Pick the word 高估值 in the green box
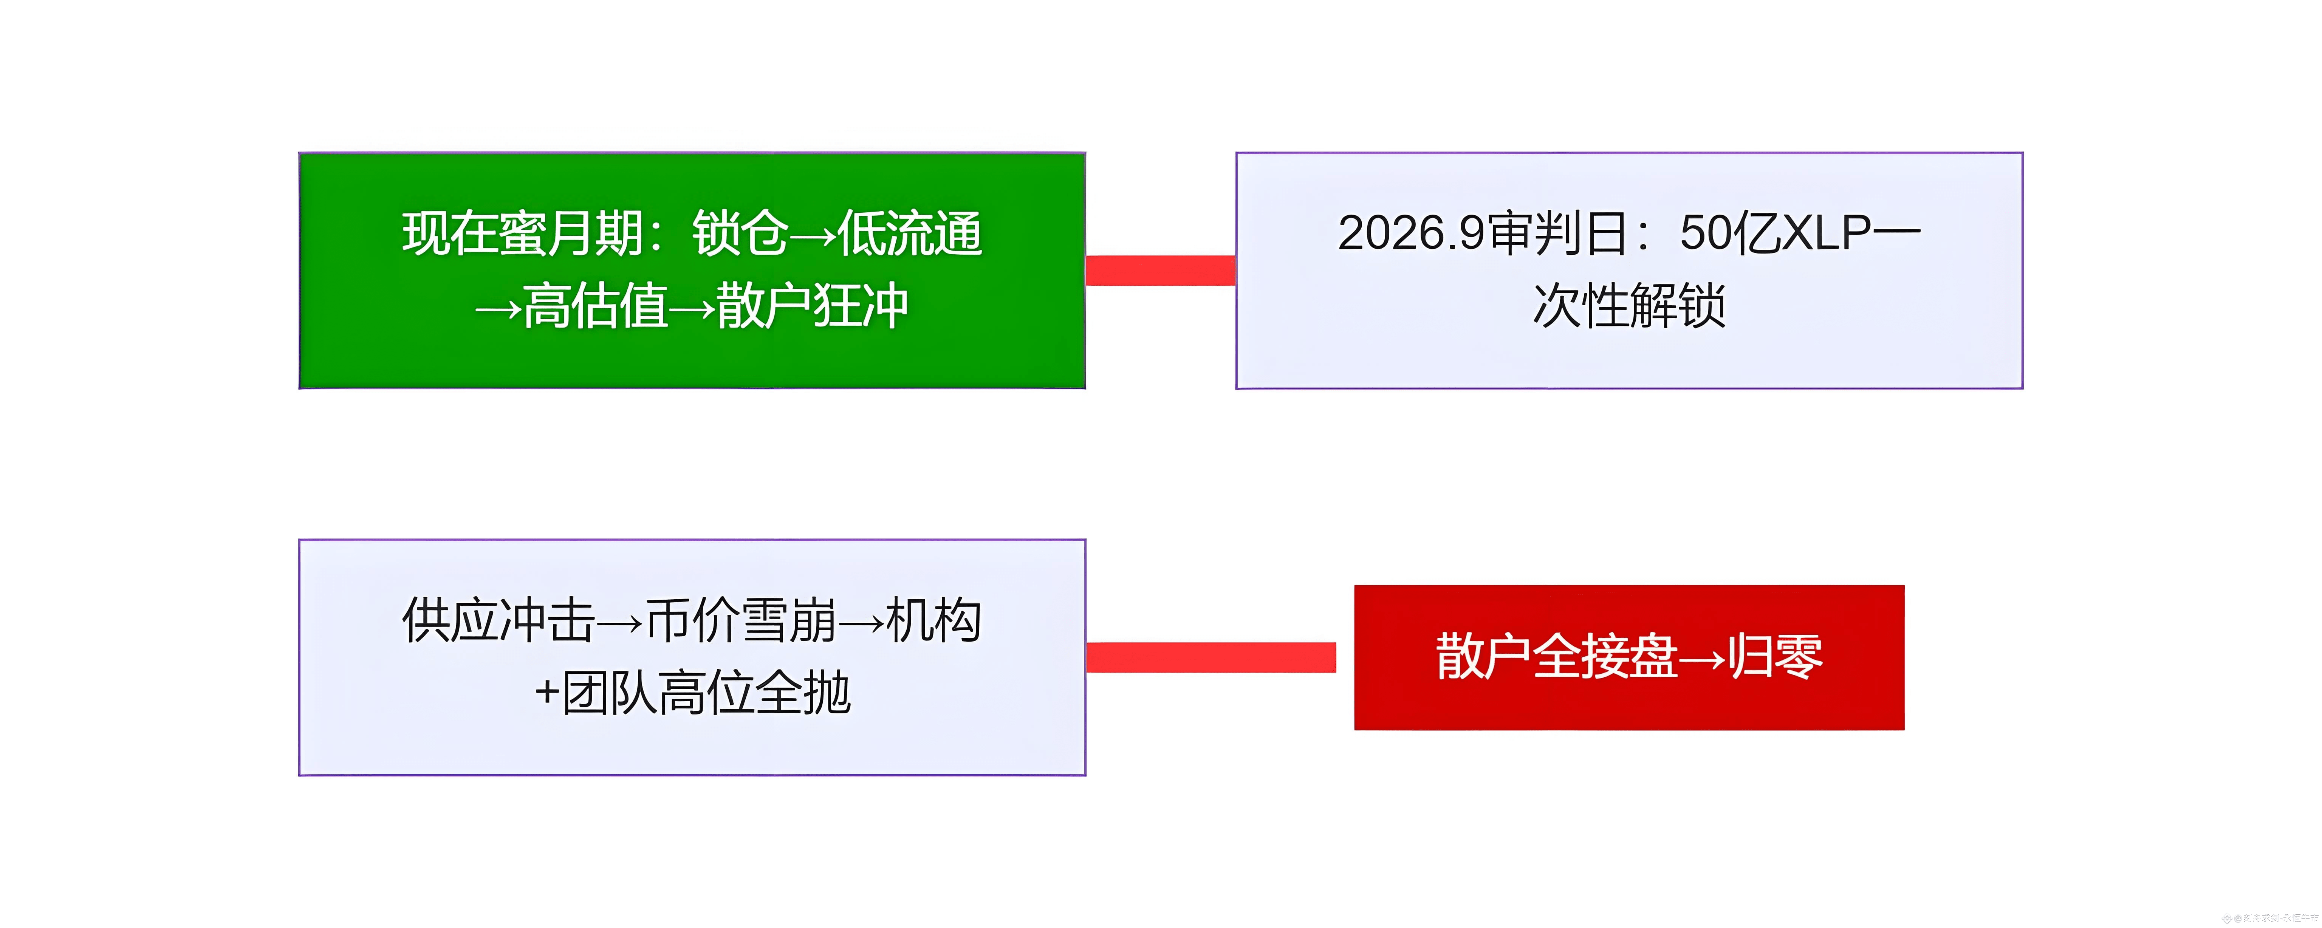click(595, 306)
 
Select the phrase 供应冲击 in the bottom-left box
click(498, 621)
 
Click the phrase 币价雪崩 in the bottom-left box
click(741, 621)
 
